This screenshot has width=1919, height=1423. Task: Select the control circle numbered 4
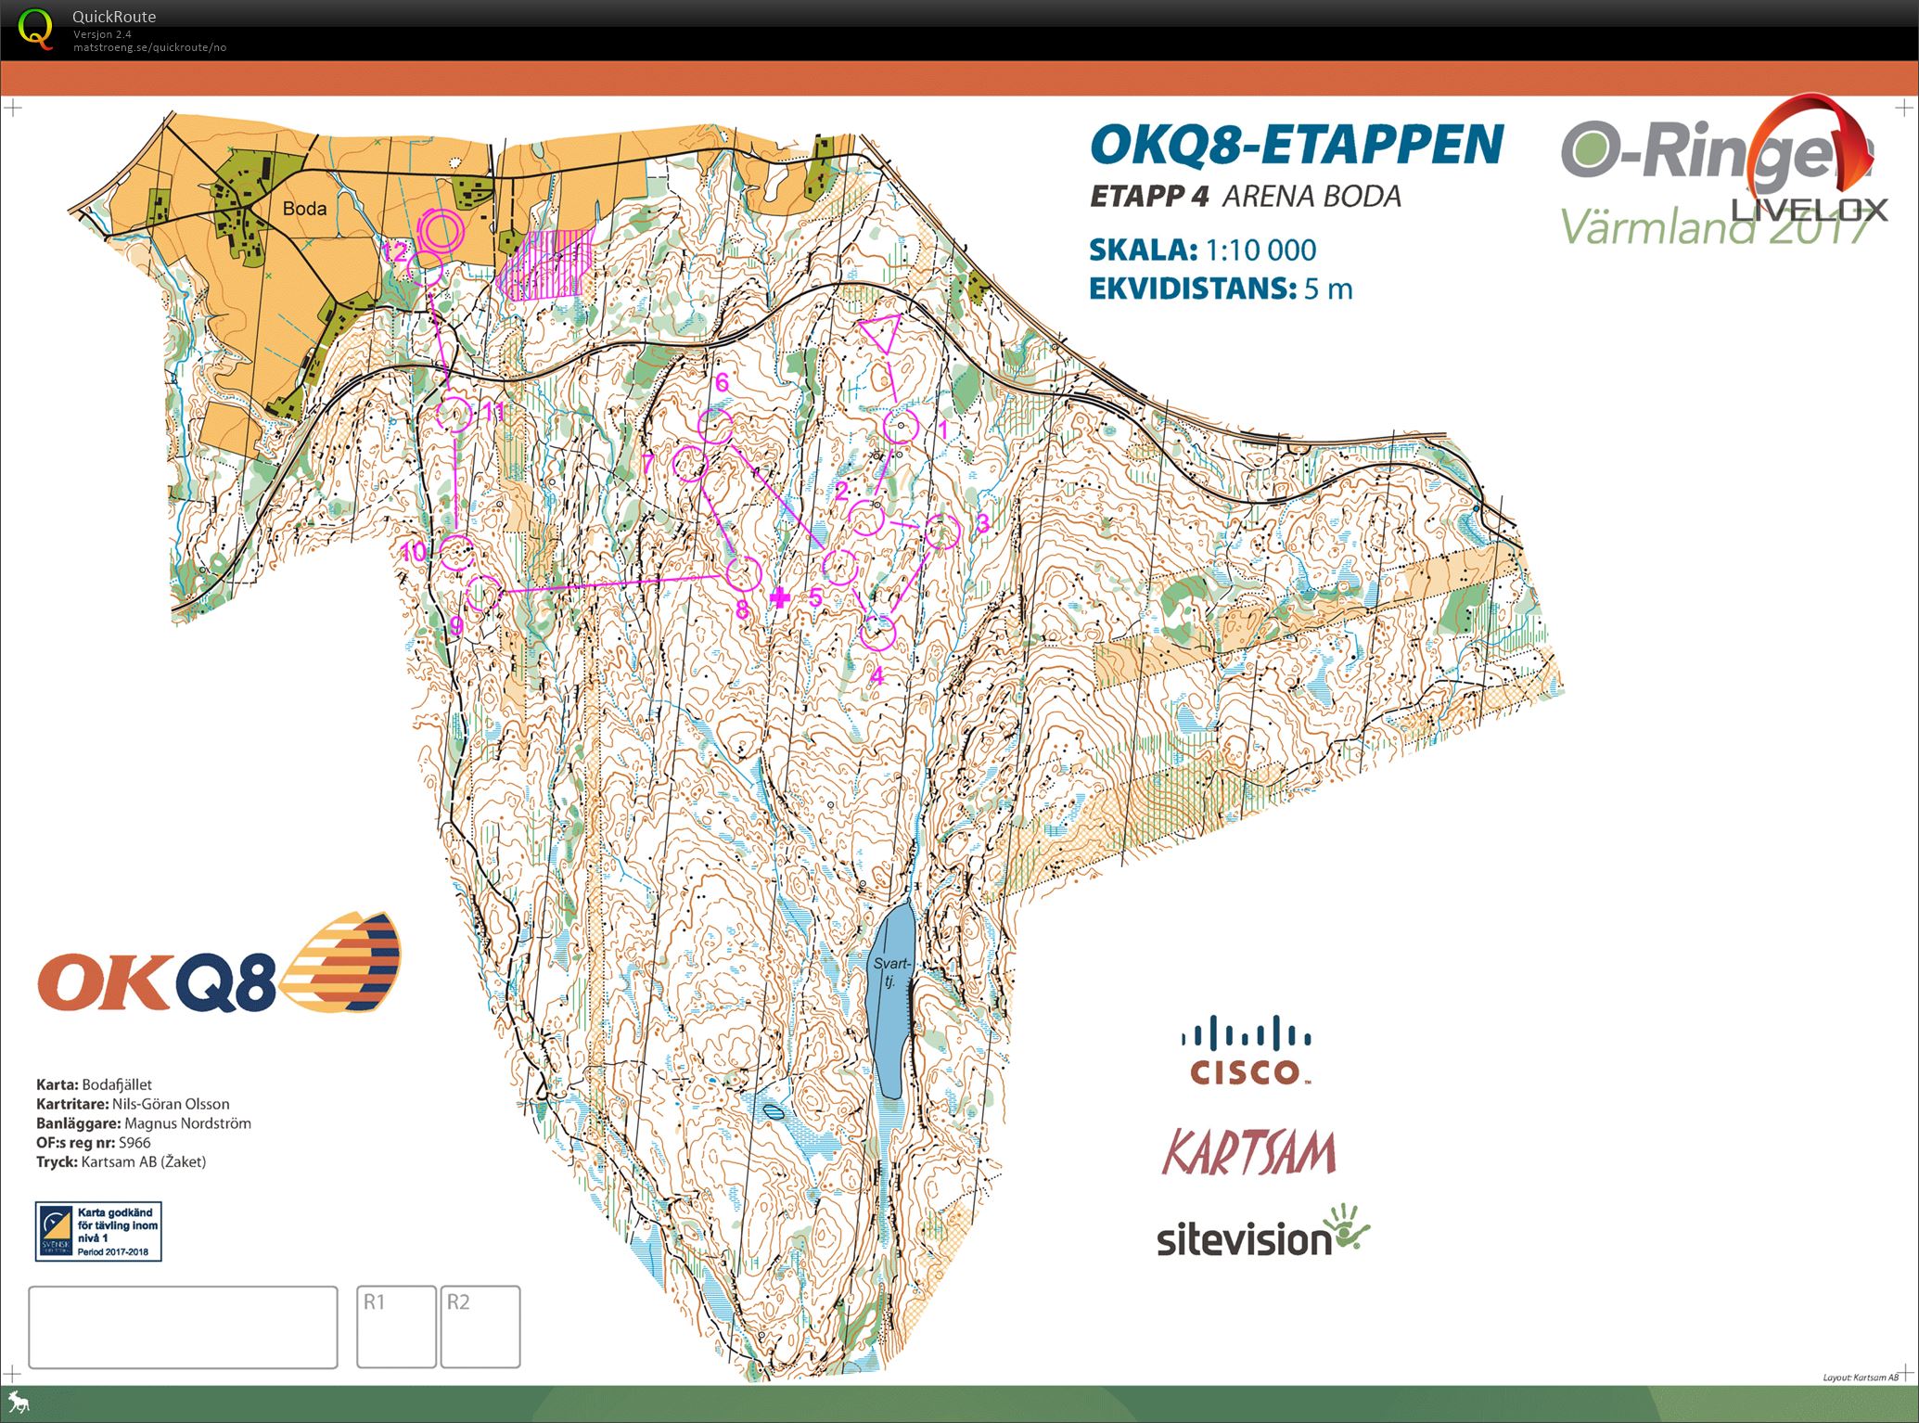click(877, 634)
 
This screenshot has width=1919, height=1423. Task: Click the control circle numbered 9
click(483, 593)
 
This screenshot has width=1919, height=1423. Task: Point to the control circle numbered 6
click(715, 426)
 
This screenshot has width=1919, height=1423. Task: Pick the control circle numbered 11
click(454, 414)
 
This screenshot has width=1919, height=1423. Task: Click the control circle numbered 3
click(941, 532)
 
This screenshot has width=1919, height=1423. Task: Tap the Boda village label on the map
click(304, 209)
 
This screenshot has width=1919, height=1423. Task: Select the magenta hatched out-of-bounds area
click(545, 264)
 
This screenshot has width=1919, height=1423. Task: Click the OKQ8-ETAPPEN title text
click(1297, 145)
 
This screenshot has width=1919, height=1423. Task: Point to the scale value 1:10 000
click(1260, 250)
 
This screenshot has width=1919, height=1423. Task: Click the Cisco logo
click(1246, 1051)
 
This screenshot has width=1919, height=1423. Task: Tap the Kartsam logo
click(1248, 1152)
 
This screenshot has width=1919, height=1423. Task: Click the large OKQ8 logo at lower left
click(218, 965)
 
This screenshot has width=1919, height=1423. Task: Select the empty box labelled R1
click(396, 1326)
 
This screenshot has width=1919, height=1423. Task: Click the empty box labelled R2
click(480, 1326)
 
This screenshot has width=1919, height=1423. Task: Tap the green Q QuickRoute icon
click(35, 28)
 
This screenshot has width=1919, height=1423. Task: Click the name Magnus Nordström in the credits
click(187, 1123)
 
